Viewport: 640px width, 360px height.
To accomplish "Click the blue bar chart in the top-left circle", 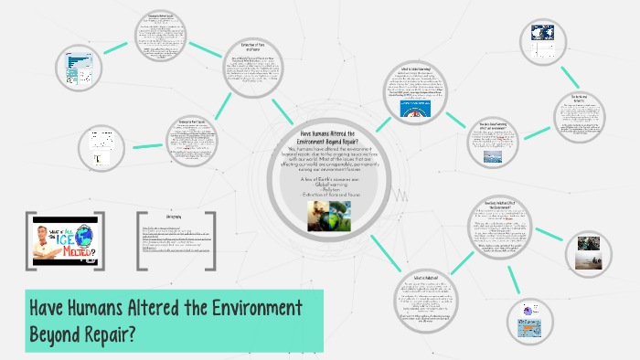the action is click(x=74, y=64).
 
